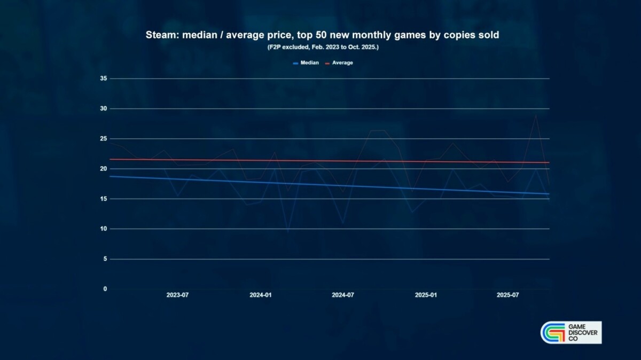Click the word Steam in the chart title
(x=159, y=35)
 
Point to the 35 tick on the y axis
(x=104, y=79)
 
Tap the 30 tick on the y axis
(x=104, y=108)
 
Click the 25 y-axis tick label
(x=104, y=139)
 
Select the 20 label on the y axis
(x=104, y=169)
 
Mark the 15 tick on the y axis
(x=104, y=199)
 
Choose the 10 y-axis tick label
(x=104, y=229)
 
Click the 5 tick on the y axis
(x=105, y=259)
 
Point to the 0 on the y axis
(x=105, y=289)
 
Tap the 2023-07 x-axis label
(x=177, y=295)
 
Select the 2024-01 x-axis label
(x=261, y=295)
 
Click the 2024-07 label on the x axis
(x=343, y=295)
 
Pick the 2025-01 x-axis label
(x=426, y=295)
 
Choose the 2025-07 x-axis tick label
(x=508, y=295)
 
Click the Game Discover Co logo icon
(x=553, y=333)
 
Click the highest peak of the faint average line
(x=535, y=115)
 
